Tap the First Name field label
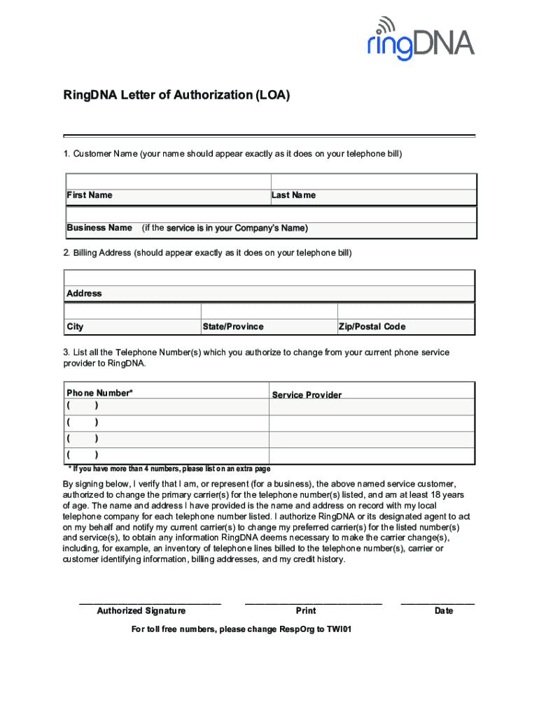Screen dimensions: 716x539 (x=89, y=195)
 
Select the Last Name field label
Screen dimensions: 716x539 (x=293, y=195)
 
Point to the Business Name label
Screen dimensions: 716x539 (x=99, y=228)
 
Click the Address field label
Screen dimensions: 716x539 (x=84, y=294)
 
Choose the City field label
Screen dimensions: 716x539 (x=75, y=327)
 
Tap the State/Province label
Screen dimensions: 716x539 (x=233, y=327)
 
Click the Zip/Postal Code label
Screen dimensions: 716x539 (x=372, y=327)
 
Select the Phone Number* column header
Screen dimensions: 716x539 (x=99, y=393)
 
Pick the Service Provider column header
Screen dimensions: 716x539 (x=307, y=395)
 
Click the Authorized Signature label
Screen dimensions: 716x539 (x=141, y=610)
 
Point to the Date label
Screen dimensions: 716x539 (x=444, y=610)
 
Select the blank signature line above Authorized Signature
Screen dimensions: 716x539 (x=150, y=603)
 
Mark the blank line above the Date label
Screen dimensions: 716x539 (x=437, y=603)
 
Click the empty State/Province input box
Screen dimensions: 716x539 (x=269, y=311)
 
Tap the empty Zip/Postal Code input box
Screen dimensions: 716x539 (x=406, y=311)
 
